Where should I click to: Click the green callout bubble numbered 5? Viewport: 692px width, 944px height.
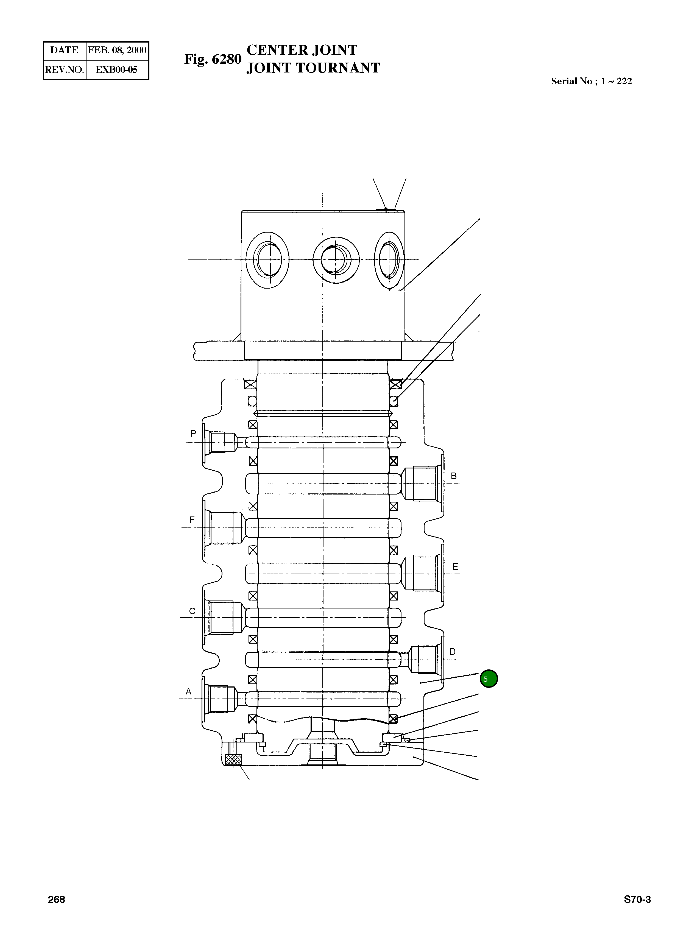click(489, 679)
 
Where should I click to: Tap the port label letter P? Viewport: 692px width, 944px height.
click(193, 434)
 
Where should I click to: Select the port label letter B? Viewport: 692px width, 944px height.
click(453, 476)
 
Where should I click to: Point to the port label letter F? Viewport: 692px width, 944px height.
click(192, 520)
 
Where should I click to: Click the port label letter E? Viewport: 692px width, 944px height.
click(455, 567)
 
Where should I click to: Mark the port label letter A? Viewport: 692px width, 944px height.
click(188, 691)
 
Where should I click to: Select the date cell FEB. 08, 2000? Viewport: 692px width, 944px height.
click(117, 50)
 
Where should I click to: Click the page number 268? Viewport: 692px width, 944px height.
click(57, 900)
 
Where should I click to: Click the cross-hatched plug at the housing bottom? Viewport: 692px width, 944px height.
click(233, 760)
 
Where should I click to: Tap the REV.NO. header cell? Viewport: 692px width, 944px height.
click(65, 69)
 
